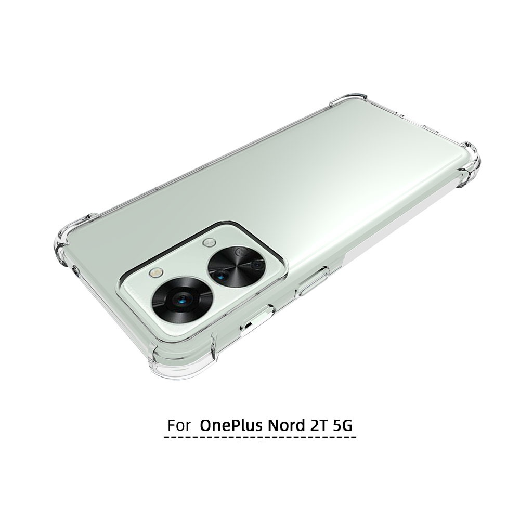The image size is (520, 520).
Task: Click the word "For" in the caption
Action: [179, 425]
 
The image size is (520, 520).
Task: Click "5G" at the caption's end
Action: [342, 425]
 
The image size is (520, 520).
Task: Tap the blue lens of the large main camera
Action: [181, 301]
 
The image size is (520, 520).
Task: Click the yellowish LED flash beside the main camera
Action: [156, 273]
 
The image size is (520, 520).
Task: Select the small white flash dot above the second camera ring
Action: [209, 243]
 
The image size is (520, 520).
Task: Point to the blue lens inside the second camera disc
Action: [220, 274]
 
